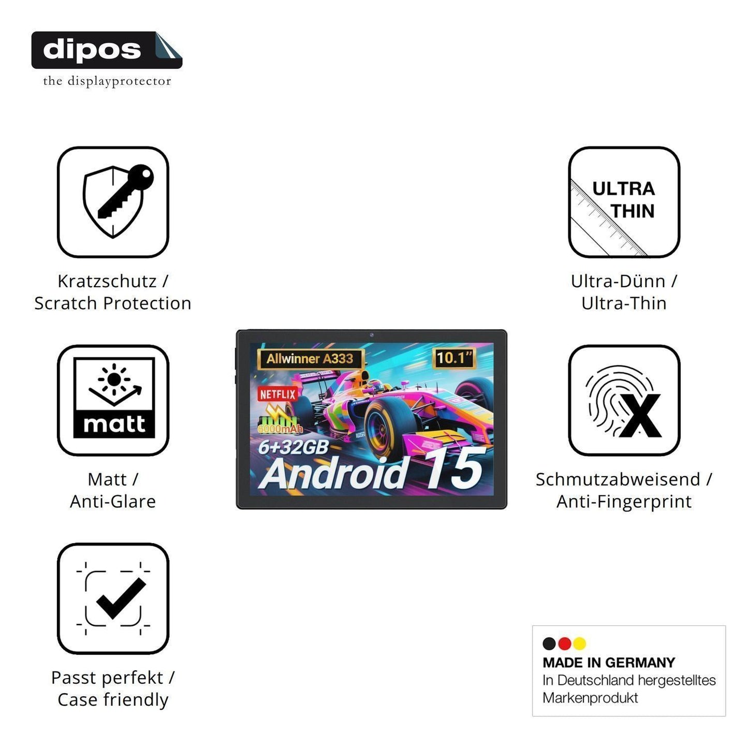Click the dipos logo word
(x=92, y=50)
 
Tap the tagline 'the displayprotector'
(x=107, y=81)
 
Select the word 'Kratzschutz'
(x=107, y=281)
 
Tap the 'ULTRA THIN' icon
(x=624, y=202)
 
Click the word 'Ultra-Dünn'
(x=618, y=281)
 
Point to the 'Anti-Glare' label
(x=113, y=501)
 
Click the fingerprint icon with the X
(x=624, y=400)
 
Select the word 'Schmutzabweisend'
(x=618, y=479)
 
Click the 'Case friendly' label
(x=113, y=700)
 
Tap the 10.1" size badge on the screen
(x=454, y=358)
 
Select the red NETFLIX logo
(x=278, y=394)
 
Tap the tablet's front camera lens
(x=372, y=334)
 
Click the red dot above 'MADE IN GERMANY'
(x=564, y=643)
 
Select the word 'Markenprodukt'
(x=590, y=698)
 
